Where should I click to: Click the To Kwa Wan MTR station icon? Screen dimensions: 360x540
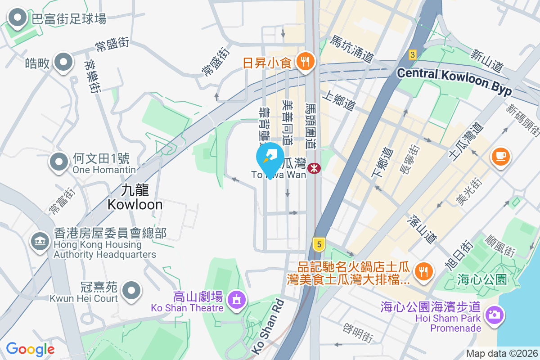point(315,168)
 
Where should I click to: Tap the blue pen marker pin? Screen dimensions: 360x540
point(270,159)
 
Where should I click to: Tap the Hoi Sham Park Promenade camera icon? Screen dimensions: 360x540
point(494,314)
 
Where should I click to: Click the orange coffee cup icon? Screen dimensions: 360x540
point(500,157)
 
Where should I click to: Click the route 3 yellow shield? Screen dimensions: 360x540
point(413,54)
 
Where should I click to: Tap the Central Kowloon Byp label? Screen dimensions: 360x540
point(454,81)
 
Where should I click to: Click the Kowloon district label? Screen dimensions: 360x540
point(135,197)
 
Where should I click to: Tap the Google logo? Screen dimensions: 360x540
point(30,349)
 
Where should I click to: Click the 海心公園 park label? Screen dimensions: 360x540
point(481,279)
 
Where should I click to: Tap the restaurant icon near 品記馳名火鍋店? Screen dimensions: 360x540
point(423,271)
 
